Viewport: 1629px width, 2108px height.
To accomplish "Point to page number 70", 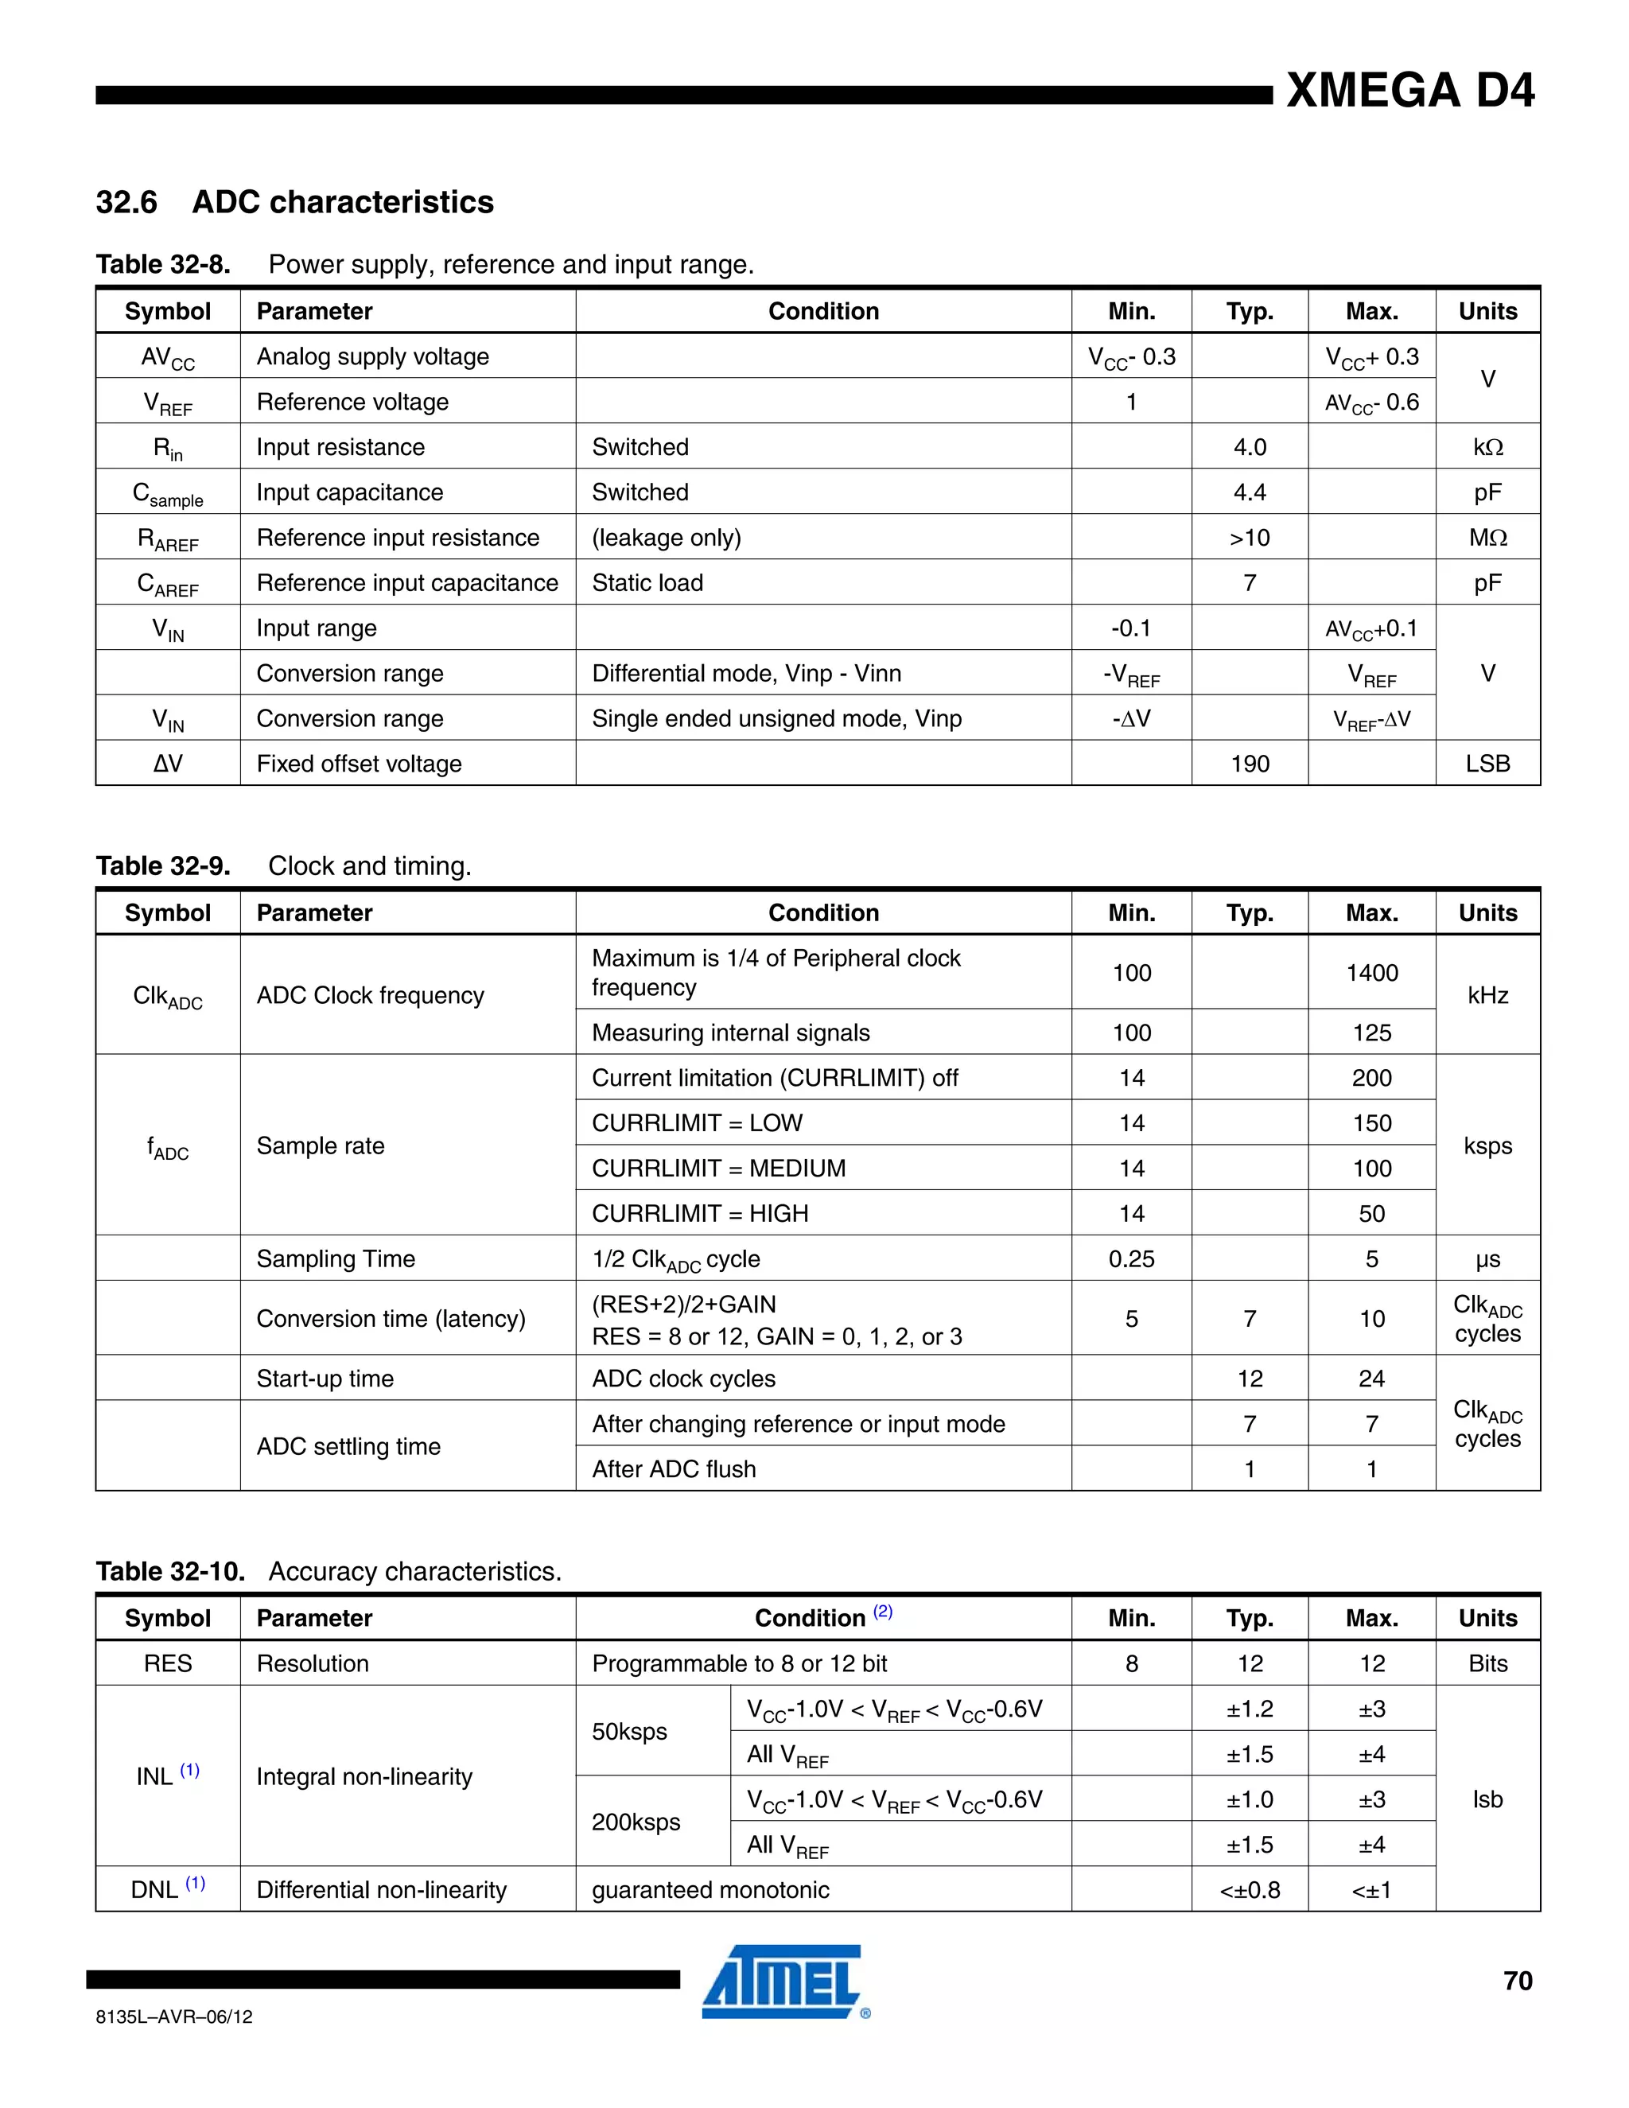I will click(1517, 1981).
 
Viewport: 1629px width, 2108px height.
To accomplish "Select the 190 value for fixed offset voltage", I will click(1249, 764).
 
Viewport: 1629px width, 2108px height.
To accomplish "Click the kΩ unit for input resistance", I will click(1487, 447).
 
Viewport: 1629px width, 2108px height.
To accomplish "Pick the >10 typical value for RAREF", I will click(1249, 538).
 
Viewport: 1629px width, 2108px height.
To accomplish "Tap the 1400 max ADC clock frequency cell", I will click(1371, 973).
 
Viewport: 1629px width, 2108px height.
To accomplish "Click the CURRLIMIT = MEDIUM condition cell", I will click(718, 1168).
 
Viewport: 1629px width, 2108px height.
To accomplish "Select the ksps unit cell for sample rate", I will click(1487, 1145).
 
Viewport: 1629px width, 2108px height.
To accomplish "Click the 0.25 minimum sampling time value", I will click(1131, 1258).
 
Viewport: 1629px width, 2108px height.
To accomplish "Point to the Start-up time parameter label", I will click(325, 1379).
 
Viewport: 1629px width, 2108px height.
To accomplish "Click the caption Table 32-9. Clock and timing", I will click(284, 865).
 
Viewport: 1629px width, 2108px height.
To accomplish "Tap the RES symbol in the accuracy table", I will click(168, 1663).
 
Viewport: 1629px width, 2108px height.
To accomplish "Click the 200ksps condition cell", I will click(636, 1822).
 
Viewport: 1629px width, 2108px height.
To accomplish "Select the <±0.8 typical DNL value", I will click(1249, 1890).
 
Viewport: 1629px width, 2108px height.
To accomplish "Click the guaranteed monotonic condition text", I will click(710, 1890).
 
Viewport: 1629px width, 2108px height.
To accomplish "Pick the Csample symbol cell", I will click(168, 493).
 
